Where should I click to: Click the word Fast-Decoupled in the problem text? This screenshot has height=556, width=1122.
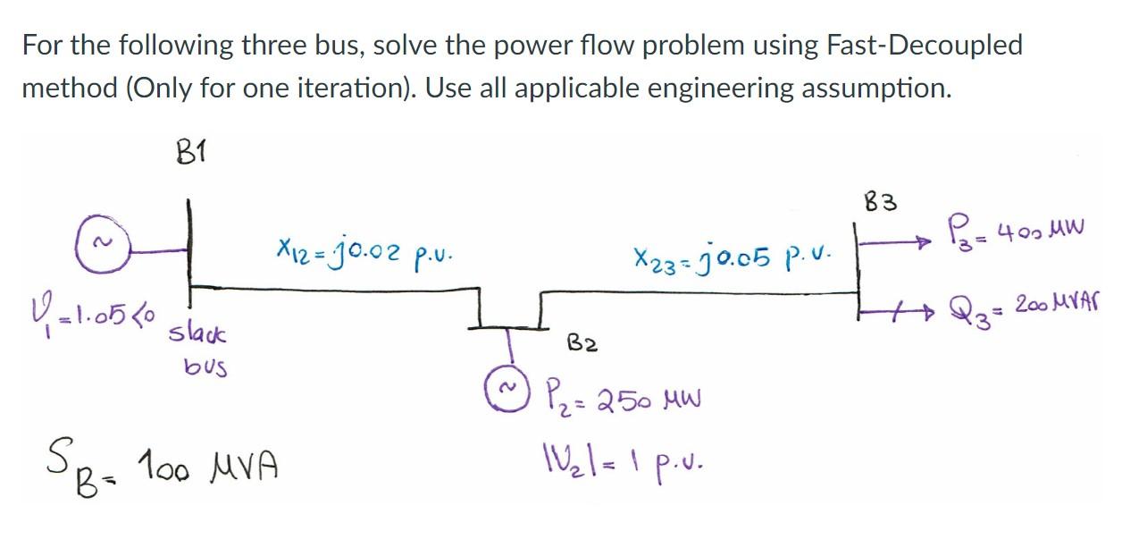[928, 46]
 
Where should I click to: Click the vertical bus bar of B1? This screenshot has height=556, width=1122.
[188, 250]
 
